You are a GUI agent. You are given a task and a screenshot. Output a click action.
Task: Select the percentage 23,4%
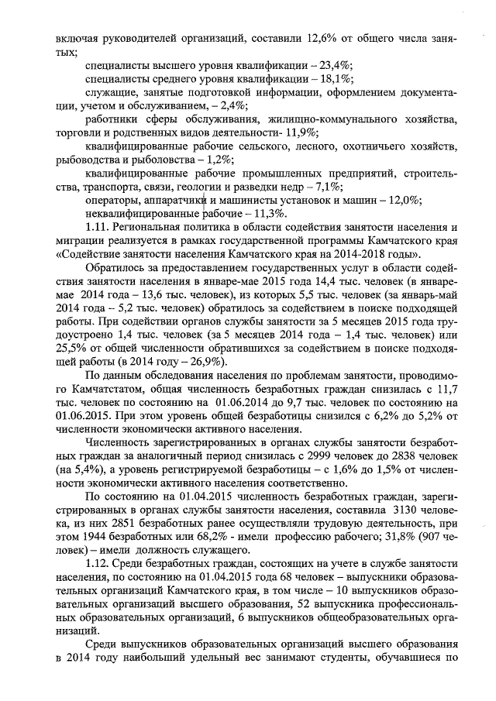click(x=331, y=65)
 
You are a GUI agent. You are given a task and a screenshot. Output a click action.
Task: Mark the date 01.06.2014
click(x=250, y=403)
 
